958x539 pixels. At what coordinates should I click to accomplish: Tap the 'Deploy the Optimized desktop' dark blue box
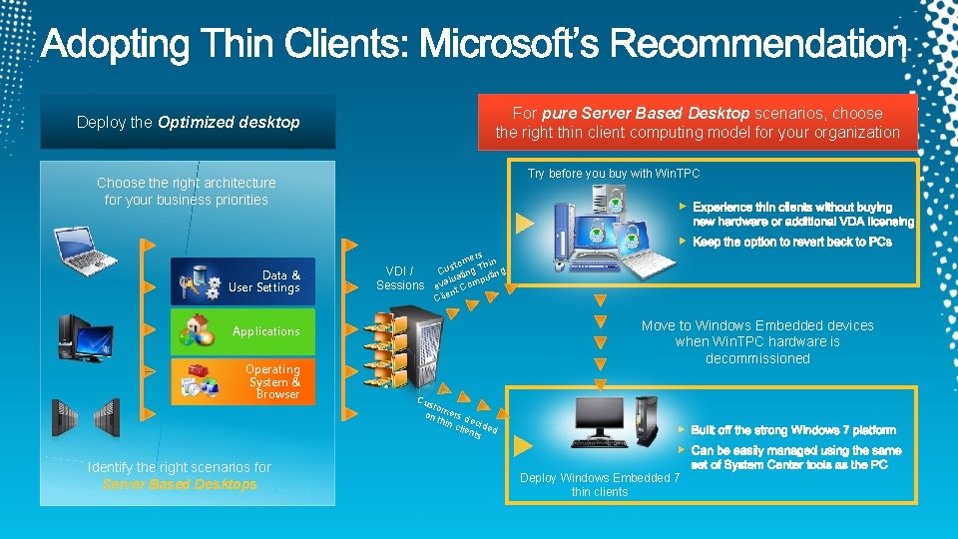point(188,122)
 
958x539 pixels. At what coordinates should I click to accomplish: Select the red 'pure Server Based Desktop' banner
point(698,122)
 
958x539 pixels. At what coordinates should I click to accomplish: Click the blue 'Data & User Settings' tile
point(242,281)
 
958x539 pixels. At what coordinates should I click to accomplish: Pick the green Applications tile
point(242,331)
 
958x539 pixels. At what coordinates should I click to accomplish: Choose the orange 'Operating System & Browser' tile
point(242,381)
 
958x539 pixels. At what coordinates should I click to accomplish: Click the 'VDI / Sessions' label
point(400,277)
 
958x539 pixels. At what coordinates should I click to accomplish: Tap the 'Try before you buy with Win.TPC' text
point(614,174)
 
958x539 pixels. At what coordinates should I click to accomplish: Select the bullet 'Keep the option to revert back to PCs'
point(790,243)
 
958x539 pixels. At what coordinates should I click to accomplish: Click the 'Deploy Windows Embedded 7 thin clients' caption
point(600,484)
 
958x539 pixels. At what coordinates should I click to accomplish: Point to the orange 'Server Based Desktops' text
point(180,485)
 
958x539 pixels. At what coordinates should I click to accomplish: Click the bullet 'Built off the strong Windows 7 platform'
point(793,430)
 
